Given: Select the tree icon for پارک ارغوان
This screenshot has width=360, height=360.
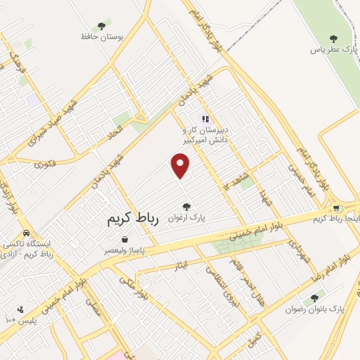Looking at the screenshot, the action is (186, 207).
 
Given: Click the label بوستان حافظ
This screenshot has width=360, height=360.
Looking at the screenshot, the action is (101, 37).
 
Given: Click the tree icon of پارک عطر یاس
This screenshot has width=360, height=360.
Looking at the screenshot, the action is (333, 39).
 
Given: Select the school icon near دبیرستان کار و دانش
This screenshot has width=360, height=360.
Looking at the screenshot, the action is (205, 119).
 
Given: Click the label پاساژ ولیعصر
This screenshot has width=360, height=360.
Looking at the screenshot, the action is (124, 250).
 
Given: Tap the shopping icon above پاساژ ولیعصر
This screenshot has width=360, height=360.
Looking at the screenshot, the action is (124, 239).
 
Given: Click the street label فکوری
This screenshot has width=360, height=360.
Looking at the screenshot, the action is (45, 164).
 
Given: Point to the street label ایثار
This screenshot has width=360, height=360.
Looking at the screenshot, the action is (181, 266).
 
